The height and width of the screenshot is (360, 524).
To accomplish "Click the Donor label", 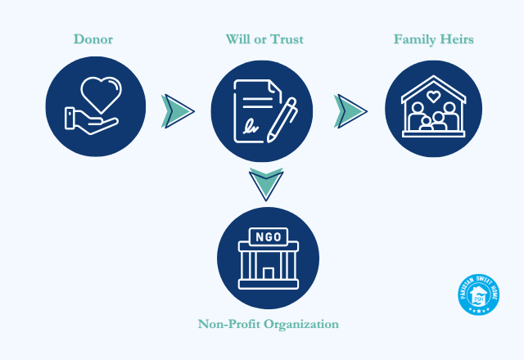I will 93,39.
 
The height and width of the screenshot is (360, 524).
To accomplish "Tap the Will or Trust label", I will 264,39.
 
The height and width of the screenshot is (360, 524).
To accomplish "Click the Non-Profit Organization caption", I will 268,324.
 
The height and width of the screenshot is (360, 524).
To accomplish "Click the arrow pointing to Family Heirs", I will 350,110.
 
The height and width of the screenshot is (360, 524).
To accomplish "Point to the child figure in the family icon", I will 426,124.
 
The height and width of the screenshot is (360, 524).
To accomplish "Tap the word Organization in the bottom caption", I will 300,324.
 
